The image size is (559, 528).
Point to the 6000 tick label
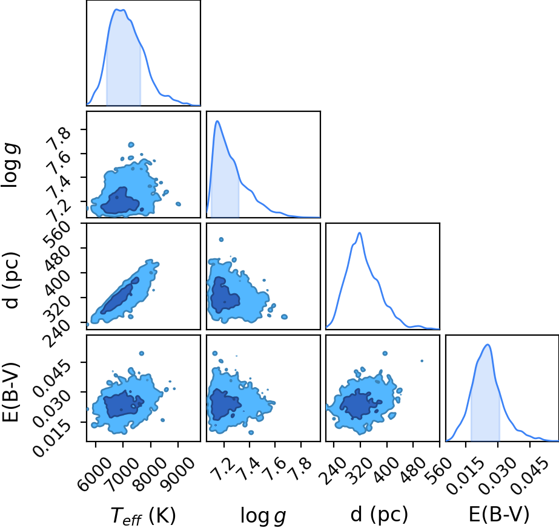pos(99,471)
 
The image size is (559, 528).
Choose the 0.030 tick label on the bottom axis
pos(498,475)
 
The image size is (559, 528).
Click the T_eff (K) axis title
pos(144,515)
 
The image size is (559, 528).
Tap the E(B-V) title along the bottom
pos(499,514)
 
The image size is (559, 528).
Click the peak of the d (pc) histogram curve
pos(360,233)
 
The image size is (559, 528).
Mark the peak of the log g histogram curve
pos(217,122)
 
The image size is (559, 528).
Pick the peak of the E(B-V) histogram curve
pos(488,345)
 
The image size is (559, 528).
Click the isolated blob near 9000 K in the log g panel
pos(178,204)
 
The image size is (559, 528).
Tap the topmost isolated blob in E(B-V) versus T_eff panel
pos(142,354)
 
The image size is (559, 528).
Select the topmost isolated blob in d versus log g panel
pos(221,240)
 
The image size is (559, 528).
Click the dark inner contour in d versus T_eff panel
pos(119,296)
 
